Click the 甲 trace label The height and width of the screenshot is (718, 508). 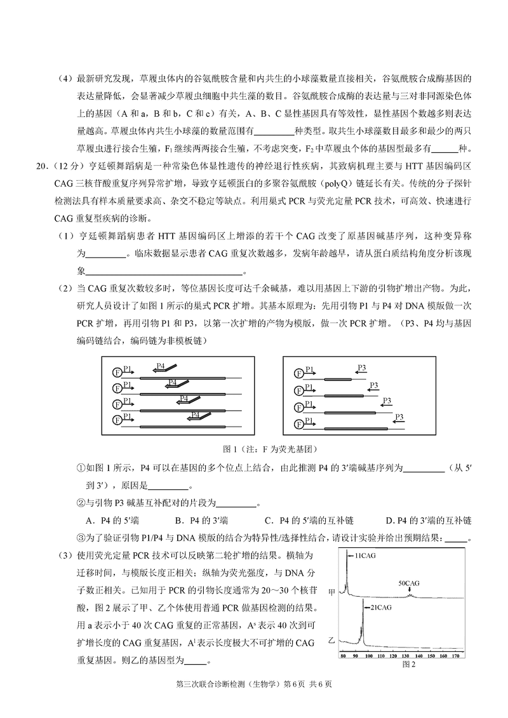point(331,591)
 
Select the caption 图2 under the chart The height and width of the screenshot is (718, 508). point(408,665)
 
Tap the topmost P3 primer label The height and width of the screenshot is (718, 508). point(361,367)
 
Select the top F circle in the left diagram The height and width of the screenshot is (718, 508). point(117,371)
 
